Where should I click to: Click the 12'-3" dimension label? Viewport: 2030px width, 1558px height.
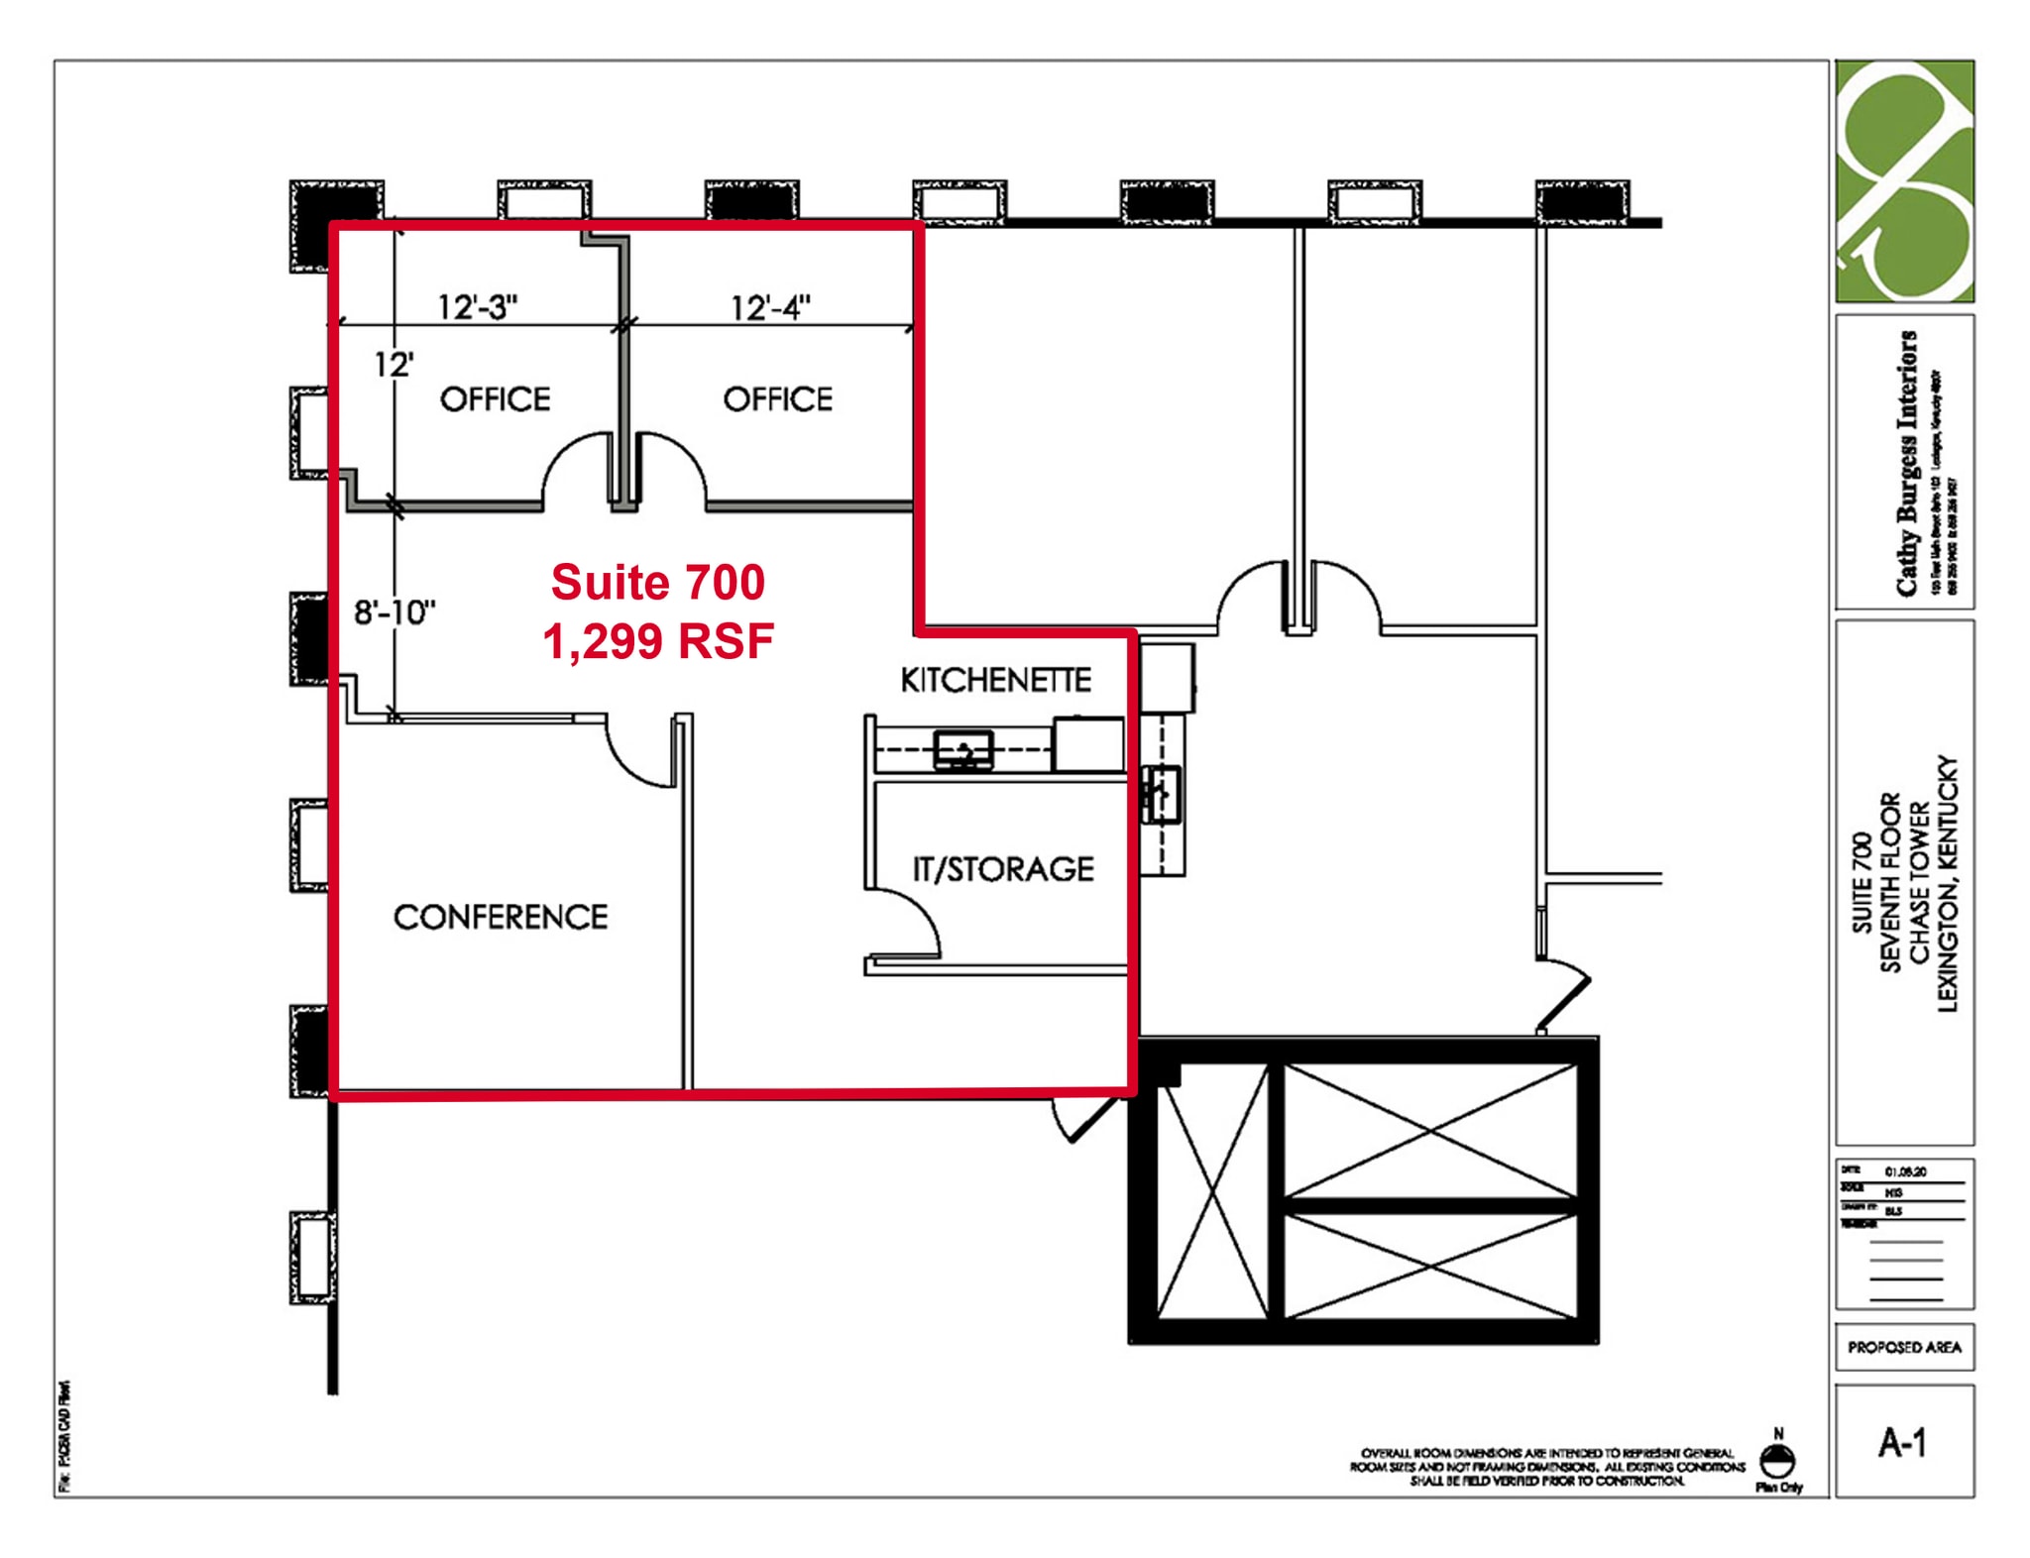pyautogui.click(x=478, y=307)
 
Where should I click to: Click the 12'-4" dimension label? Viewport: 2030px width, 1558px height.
pyautogui.click(x=770, y=307)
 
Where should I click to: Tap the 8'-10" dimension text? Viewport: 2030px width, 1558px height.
pyautogui.click(x=395, y=612)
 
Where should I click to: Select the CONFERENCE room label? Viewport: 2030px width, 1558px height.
pyautogui.click(x=501, y=917)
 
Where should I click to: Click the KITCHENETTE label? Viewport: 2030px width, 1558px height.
pyautogui.click(x=995, y=680)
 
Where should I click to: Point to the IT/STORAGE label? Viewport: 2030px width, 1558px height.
pyautogui.click(x=1003, y=869)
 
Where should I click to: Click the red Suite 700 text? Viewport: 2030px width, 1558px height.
pyautogui.click(x=658, y=582)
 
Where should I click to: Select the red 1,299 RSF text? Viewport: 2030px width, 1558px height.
pyautogui.click(x=658, y=641)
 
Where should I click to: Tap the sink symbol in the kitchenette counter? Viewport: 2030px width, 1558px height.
pyautogui.click(x=963, y=750)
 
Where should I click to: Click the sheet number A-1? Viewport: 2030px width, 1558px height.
pyautogui.click(x=1903, y=1442)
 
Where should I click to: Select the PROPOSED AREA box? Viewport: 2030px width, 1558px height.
pyautogui.click(x=1904, y=1347)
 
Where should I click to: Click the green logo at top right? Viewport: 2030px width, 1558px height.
pyautogui.click(x=1904, y=180)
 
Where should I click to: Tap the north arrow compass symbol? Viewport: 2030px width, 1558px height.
pyautogui.click(x=1778, y=1460)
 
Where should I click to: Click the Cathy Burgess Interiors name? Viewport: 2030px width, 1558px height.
pyautogui.click(x=1906, y=463)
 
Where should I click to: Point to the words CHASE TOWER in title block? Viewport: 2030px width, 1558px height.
pyautogui.click(x=1919, y=882)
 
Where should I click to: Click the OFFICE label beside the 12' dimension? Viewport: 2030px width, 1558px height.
pyautogui.click(x=496, y=399)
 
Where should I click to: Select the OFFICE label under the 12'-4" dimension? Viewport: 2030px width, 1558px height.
pyautogui.click(x=778, y=399)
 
